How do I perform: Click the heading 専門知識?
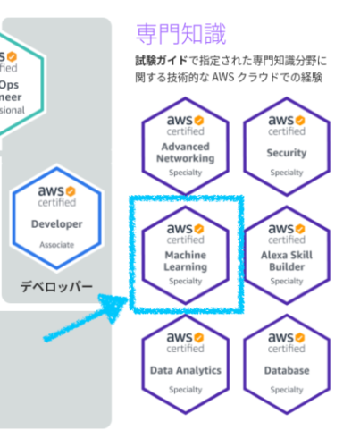pyautogui.click(x=180, y=34)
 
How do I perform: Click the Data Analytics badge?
pyautogui.click(x=187, y=361)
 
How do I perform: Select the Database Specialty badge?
pyautogui.click(x=286, y=361)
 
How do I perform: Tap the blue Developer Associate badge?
pyautogui.click(x=57, y=215)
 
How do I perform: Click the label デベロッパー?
pyautogui.click(x=58, y=287)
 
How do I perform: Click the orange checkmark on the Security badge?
pyautogui.click(x=300, y=118)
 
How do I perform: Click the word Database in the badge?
pyautogui.click(x=286, y=370)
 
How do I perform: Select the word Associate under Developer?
pyautogui.click(x=57, y=244)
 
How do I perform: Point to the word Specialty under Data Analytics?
pyautogui.click(x=187, y=391)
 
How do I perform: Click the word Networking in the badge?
pyautogui.click(x=187, y=158)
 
